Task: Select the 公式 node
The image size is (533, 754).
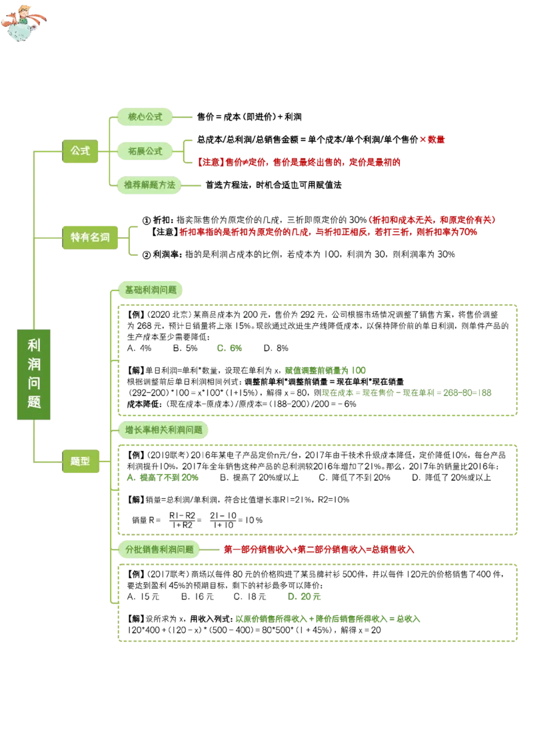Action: (80, 151)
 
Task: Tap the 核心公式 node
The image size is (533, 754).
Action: (145, 117)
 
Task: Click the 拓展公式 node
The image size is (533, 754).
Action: (145, 151)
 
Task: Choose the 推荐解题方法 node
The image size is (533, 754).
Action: (149, 185)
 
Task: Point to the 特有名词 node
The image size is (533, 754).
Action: (90, 237)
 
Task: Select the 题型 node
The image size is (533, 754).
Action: (80, 461)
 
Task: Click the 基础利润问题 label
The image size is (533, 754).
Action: (151, 290)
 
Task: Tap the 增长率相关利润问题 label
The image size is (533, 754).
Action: (164, 430)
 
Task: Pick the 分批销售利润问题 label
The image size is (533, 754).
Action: (159, 550)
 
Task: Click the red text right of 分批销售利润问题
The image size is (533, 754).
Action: (319, 550)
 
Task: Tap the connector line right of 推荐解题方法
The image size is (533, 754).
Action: (191, 186)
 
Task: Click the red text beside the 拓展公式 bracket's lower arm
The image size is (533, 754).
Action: (300, 162)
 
